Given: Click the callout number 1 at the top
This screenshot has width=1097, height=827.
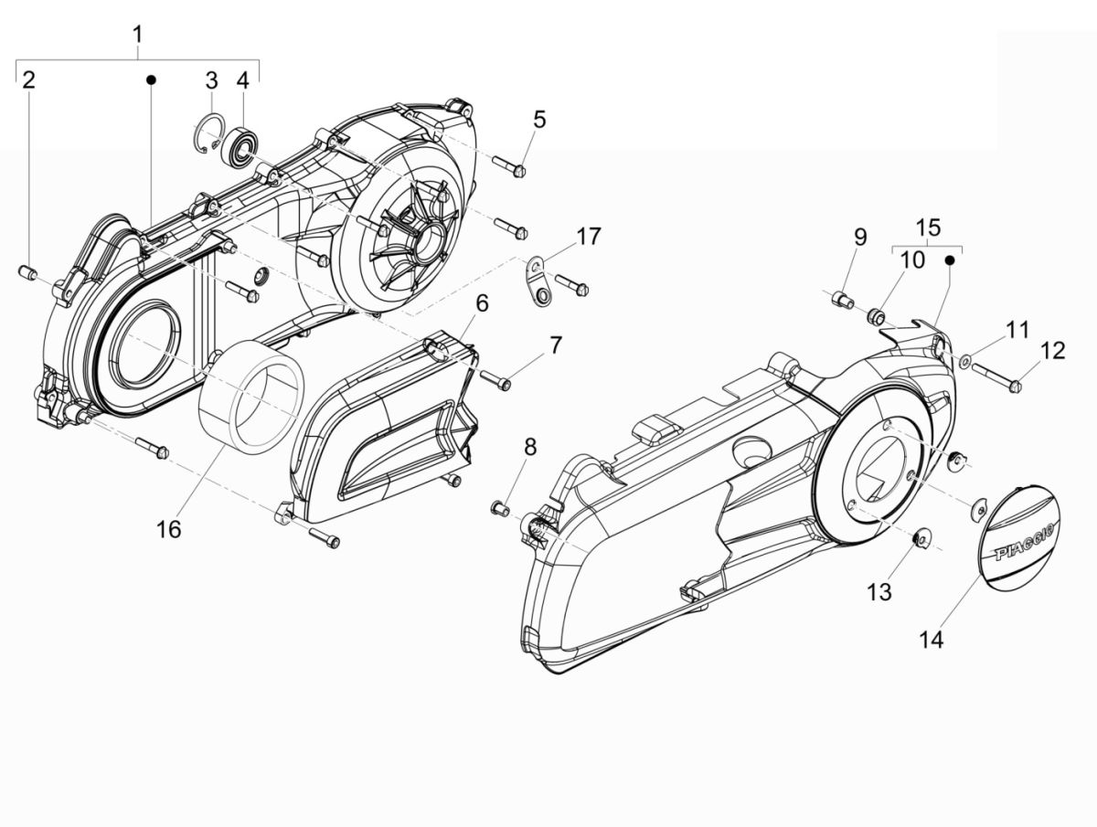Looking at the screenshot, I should click(137, 36).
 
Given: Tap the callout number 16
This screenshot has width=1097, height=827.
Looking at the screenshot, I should click(169, 528).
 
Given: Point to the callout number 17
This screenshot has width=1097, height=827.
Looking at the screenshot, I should click(589, 237).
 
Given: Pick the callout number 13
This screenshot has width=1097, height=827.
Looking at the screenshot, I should click(879, 593).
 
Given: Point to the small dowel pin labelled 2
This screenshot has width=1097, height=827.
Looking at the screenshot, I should click(27, 271).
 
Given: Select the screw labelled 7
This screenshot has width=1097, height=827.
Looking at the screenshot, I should click(495, 380).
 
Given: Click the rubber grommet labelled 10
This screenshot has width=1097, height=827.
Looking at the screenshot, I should click(876, 316).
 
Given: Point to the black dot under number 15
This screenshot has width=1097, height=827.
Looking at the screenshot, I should click(949, 260).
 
